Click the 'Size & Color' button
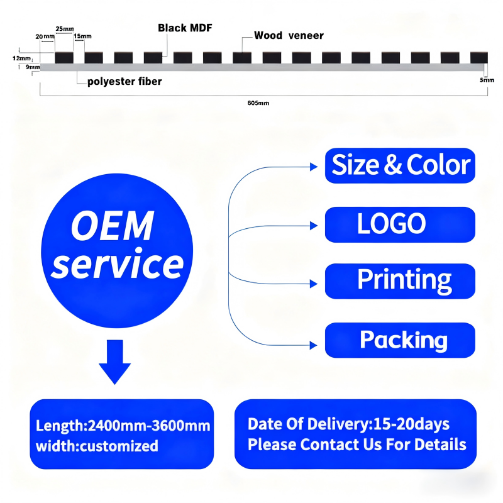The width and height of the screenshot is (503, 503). click(400, 165)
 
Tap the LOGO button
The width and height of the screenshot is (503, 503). click(400, 224)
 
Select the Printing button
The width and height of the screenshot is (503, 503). click(400, 281)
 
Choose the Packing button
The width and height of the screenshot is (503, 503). click(400, 340)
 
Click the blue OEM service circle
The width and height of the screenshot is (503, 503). click(117, 250)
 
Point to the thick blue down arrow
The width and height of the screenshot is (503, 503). click(115, 362)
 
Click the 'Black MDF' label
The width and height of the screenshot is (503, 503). click(185, 28)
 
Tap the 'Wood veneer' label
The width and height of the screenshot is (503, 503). click(289, 35)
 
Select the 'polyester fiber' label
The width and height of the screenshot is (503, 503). click(124, 82)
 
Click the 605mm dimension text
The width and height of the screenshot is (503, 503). click(258, 103)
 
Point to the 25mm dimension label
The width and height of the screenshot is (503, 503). click(65, 29)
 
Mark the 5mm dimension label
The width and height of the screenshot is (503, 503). click(487, 80)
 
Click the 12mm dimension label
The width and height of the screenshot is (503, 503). click(21, 58)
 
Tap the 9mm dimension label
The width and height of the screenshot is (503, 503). click(33, 67)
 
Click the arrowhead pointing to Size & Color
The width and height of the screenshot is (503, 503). click(314, 167)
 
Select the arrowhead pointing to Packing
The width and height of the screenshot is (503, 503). click(314, 345)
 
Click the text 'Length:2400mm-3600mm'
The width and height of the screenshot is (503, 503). click(123, 426)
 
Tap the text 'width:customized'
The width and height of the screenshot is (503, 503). click(97, 446)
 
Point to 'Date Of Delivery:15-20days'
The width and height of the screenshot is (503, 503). click(349, 424)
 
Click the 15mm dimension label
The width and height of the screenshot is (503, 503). click(83, 36)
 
